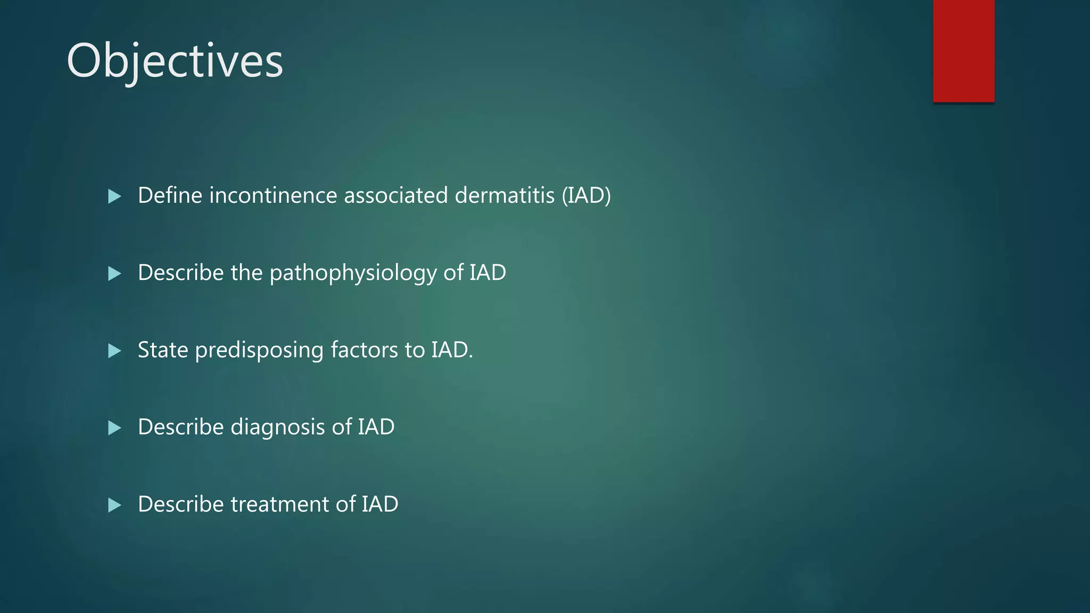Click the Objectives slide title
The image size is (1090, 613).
tap(175, 61)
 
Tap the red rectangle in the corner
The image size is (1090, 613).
tap(963, 51)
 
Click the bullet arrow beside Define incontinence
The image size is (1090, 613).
tap(114, 196)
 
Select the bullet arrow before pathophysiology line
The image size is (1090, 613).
tap(114, 274)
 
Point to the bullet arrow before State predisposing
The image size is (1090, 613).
tap(114, 351)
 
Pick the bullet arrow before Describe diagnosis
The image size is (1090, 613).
tap(114, 428)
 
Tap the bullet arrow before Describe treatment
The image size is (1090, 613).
tap(114, 505)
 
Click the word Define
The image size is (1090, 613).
tap(170, 195)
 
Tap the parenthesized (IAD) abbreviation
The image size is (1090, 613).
tap(586, 195)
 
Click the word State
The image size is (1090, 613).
tap(163, 350)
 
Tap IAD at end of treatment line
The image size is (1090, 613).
tap(380, 504)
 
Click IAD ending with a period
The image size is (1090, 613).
tap(451, 350)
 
